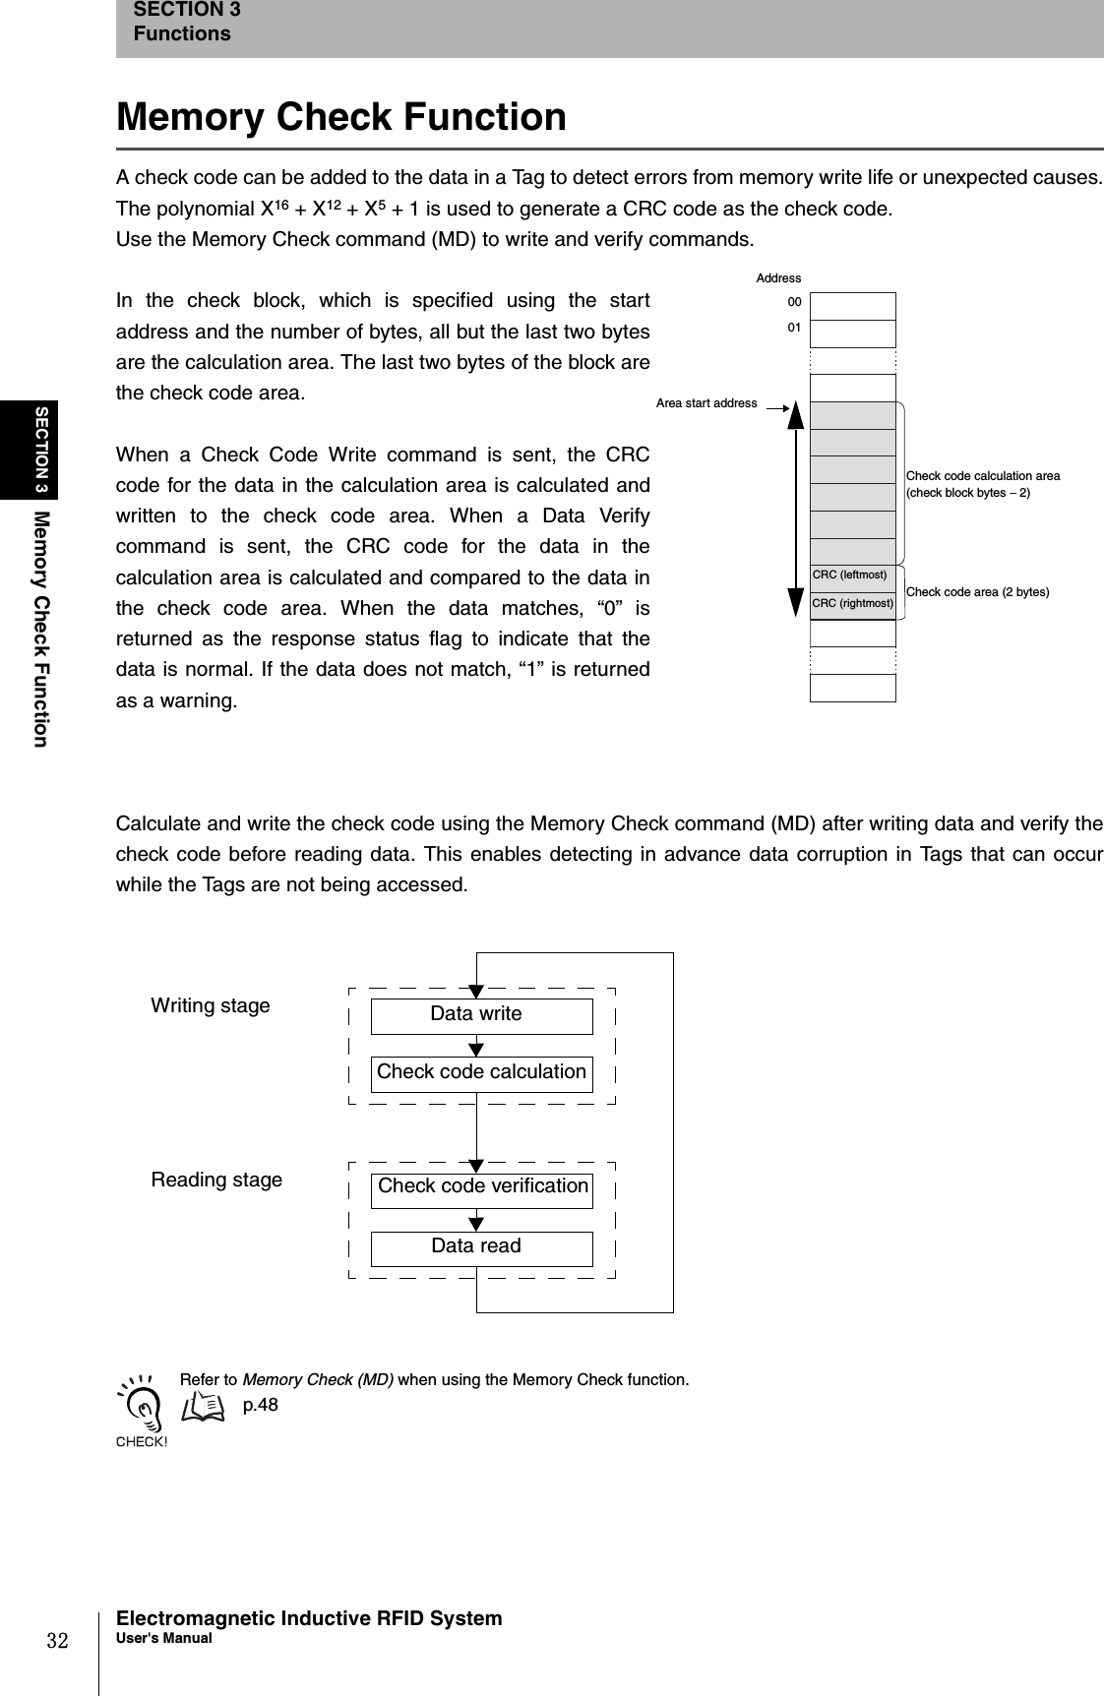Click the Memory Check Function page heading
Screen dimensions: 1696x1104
tap(341, 117)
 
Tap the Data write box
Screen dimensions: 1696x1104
tap(481, 1015)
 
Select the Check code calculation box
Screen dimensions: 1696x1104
tap(481, 1073)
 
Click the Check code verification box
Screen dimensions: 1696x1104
tap(481, 1187)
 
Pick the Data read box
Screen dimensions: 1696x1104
tap(481, 1247)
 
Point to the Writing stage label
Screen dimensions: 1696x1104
tap(211, 1005)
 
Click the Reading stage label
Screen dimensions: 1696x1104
tap(216, 1180)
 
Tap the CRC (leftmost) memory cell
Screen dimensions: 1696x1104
tap(852, 575)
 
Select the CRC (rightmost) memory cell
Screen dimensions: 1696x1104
tap(852, 604)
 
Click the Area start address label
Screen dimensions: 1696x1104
tap(706, 403)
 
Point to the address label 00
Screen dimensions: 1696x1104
tap(793, 302)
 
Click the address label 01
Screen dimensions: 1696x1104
tap(793, 326)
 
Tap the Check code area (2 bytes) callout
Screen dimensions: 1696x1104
tap(977, 592)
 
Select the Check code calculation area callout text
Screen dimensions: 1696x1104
tap(982, 484)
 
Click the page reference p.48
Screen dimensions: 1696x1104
tap(261, 1405)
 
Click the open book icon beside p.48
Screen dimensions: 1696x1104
tap(203, 1407)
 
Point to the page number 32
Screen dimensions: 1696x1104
tap(58, 1641)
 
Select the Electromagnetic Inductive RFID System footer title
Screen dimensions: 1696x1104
tap(309, 1618)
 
